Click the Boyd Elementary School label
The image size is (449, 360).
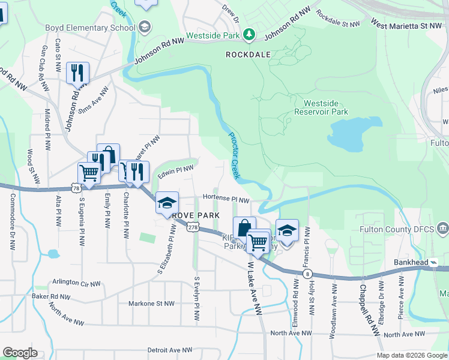click(90, 28)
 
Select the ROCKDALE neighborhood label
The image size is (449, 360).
click(248, 54)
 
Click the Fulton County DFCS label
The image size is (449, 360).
click(396, 229)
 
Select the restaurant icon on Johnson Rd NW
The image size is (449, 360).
click(77, 73)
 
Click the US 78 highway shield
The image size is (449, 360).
click(76, 188)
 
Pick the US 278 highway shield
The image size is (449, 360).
click(192, 227)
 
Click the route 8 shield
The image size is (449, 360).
click(307, 274)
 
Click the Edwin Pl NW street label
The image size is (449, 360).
click(175, 172)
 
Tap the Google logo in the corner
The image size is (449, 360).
click(20, 353)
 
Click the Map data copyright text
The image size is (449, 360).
click(411, 355)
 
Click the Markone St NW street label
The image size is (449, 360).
click(155, 304)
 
